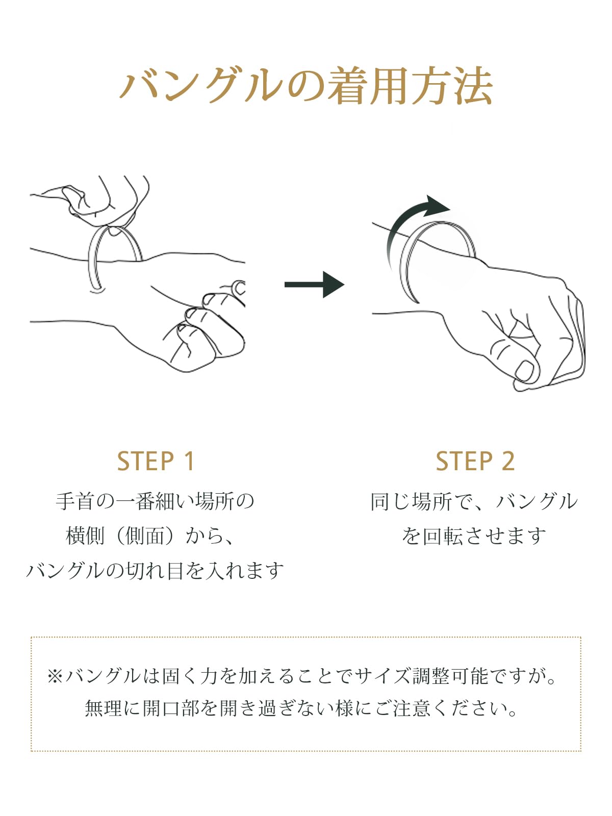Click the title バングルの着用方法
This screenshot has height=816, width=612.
coord(306,86)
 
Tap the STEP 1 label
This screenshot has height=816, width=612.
coord(156,462)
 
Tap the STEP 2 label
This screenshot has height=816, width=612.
coord(475,462)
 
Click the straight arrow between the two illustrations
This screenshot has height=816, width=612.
coord(314,285)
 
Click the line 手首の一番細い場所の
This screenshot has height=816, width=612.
coord(155,502)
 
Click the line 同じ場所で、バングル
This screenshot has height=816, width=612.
coord(474,502)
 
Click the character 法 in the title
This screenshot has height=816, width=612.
coord(473,86)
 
